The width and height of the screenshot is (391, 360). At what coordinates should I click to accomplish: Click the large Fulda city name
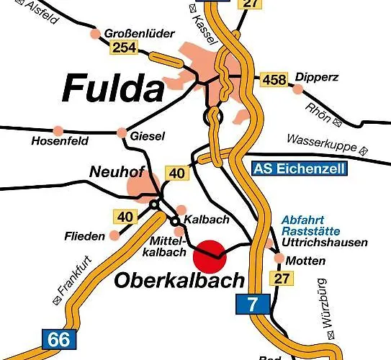click(113, 89)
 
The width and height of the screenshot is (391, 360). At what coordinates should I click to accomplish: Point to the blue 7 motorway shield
click(250, 303)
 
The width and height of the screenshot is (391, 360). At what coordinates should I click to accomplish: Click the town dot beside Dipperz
click(297, 89)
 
